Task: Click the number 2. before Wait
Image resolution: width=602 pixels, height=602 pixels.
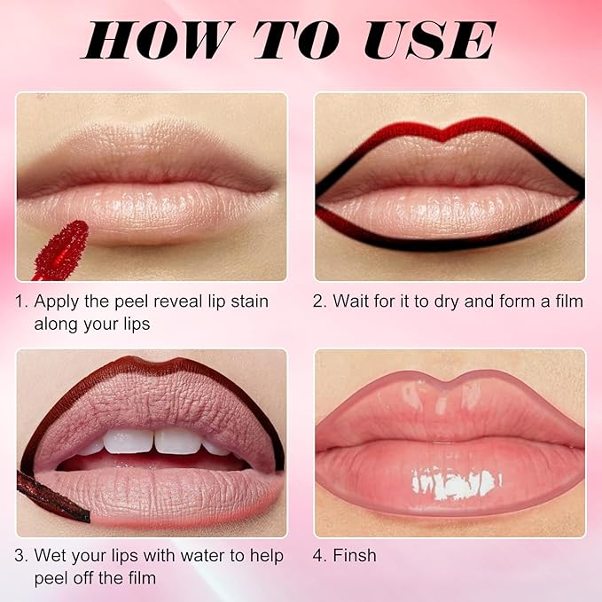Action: coord(320,301)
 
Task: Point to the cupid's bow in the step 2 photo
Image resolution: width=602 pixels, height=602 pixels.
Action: coord(450,137)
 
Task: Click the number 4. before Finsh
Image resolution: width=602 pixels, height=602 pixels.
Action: coord(320,556)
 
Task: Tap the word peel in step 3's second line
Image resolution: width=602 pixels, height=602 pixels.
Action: coord(52,579)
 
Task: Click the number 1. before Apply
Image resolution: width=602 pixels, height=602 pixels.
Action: coord(21,301)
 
